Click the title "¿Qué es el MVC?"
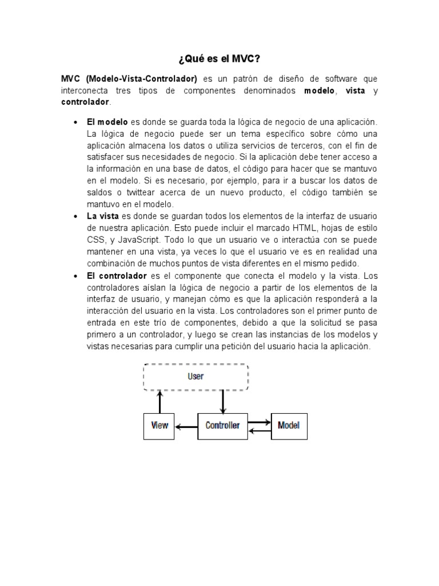pyautogui.click(x=219, y=58)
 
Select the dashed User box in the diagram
pyautogui.click(x=195, y=376)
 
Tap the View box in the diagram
pyautogui.click(x=159, y=426)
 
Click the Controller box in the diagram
pyautogui.click(x=222, y=426)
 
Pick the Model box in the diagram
pyautogui.click(x=288, y=426)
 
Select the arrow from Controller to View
pyautogui.click(x=186, y=426)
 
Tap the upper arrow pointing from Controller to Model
pyautogui.click(x=259, y=422)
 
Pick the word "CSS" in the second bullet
pyautogui.click(x=95, y=240)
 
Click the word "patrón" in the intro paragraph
pyautogui.click(x=242, y=79)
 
